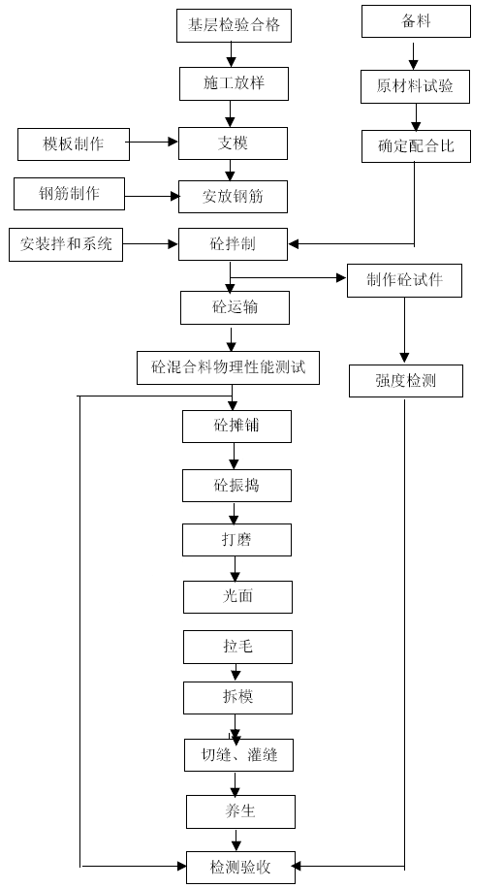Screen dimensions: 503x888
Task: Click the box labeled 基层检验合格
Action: tap(234, 25)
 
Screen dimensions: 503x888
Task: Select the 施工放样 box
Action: tap(234, 83)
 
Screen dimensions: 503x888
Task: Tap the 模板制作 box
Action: tap(74, 143)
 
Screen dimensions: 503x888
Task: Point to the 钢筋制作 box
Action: tap(69, 194)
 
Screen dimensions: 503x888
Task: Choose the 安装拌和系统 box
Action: tap(66, 244)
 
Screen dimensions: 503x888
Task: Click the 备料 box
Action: tap(417, 21)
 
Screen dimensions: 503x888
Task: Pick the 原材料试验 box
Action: tap(415, 86)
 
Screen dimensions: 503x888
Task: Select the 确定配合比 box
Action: tap(417, 146)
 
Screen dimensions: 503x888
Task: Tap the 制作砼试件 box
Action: tap(404, 280)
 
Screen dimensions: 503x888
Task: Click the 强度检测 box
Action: tap(405, 381)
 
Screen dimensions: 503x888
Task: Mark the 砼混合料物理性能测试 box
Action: tap(229, 367)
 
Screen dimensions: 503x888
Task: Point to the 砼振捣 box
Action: tap(236, 486)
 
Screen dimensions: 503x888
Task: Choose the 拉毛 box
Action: tap(237, 647)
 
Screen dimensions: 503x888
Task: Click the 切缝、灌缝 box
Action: tap(239, 755)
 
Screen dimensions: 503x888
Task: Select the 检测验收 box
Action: tap(240, 867)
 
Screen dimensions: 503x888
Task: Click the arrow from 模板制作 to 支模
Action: tap(154, 143)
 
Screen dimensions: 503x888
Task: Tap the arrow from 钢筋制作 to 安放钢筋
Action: tap(152, 197)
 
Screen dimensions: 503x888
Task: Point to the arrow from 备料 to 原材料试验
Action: tap(414, 53)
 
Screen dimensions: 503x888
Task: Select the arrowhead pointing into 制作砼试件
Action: tap(341, 277)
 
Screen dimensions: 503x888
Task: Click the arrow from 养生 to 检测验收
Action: tap(236, 840)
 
